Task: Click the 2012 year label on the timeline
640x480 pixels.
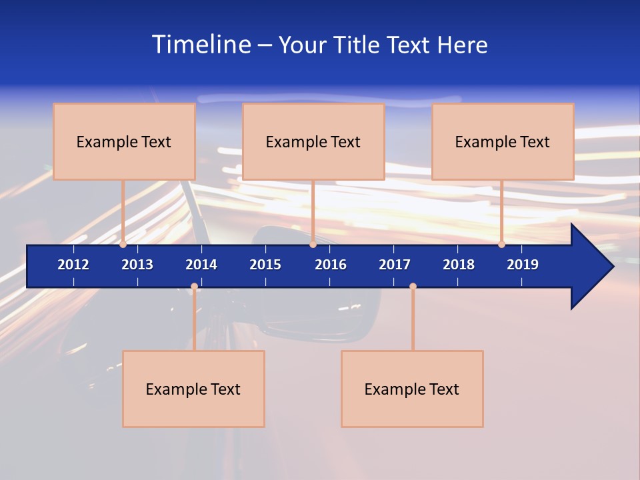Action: (x=73, y=265)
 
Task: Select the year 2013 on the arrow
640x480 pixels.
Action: (x=137, y=265)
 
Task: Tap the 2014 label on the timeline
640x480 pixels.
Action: (x=201, y=265)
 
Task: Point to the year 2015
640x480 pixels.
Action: (x=265, y=265)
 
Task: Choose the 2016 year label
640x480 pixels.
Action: (x=331, y=265)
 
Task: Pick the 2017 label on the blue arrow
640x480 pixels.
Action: (x=395, y=265)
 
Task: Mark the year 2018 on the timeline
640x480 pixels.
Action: (x=459, y=265)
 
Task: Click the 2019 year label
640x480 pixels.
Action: (x=523, y=265)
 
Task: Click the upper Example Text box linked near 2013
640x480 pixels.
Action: (x=124, y=141)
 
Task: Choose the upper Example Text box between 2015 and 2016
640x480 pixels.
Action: (x=313, y=141)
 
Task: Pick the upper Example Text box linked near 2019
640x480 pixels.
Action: (x=503, y=141)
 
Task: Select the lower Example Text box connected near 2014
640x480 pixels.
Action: (x=193, y=389)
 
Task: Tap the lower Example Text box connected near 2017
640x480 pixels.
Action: (x=412, y=389)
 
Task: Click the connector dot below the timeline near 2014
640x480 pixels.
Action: (x=194, y=287)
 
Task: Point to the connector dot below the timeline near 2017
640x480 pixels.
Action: (x=413, y=287)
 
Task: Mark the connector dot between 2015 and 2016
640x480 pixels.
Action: (x=313, y=245)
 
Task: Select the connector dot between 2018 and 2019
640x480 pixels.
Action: (x=501, y=245)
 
